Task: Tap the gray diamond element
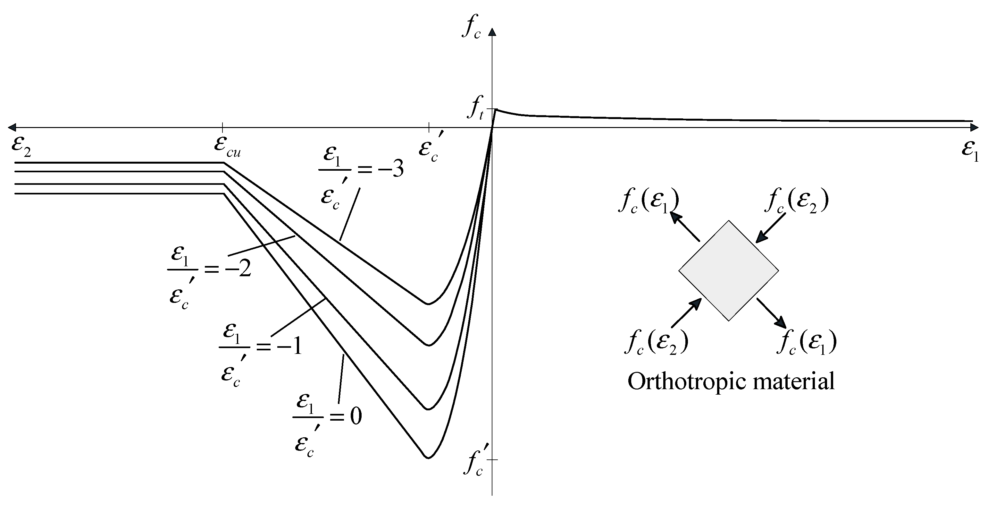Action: coord(728,270)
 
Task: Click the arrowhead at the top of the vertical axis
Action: coord(492,31)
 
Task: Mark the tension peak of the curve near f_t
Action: coord(496,110)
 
